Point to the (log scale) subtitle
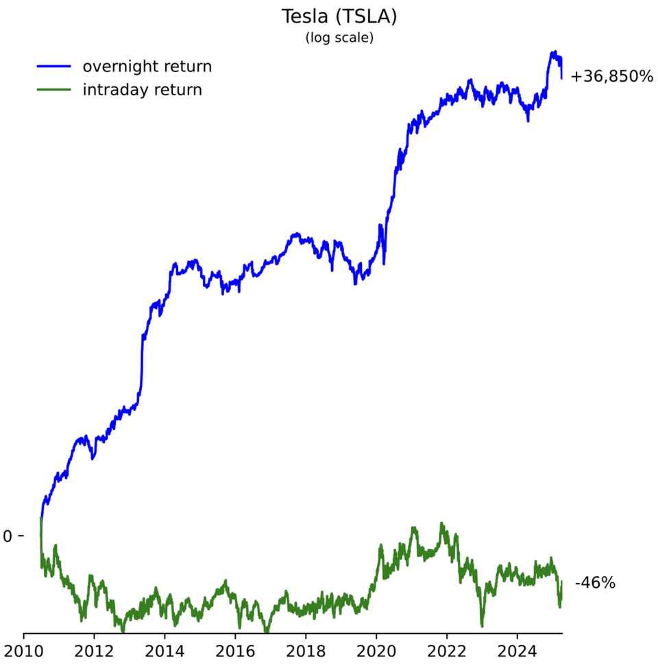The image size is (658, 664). click(339, 38)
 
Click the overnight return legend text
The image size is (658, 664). click(147, 67)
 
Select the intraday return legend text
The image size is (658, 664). click(142, 90)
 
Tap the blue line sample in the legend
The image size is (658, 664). click(53, 67)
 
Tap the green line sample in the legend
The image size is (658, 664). click(53, 90)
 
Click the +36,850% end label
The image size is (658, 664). click(612, 77)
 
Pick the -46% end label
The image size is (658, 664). click(595, 584)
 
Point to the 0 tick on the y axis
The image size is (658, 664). click(8, 536)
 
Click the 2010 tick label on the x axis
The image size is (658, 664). click(24, 650)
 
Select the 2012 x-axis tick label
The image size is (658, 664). click(94, 650)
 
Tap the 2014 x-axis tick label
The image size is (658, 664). click(164, 650)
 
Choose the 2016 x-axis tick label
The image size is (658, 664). click(235, 650)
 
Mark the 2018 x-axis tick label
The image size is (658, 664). click(306, 650)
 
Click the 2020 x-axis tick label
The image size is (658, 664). click(376, 650)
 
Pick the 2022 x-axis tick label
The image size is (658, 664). click(447, 650)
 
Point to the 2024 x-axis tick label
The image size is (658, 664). click(517, 650)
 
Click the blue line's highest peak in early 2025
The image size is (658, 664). click(552, 51)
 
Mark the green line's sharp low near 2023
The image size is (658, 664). click(482, 625)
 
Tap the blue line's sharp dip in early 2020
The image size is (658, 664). click(384, 263)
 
